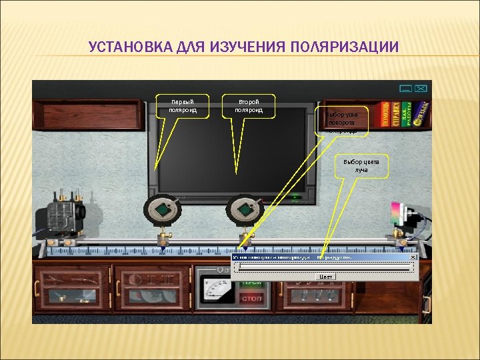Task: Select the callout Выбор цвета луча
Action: pyautogui.click(x=361, y=165)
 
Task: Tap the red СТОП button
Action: pyautogui.click(x=251, y=299)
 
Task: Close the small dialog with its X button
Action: pyautogui.click(x=413, y=257)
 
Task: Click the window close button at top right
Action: pyautogui.click(x=422, y=88)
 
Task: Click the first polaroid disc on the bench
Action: pyautogui.click(x=163, y=210)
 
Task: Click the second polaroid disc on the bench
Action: pyautogui.click(x=244, y=210)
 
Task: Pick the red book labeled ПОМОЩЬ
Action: pyautogui.click(x=386, y=114)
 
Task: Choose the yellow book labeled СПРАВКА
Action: pyautogui.click(x=397, y=114)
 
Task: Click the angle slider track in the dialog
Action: pyautogui.click(x=325, y=267)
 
